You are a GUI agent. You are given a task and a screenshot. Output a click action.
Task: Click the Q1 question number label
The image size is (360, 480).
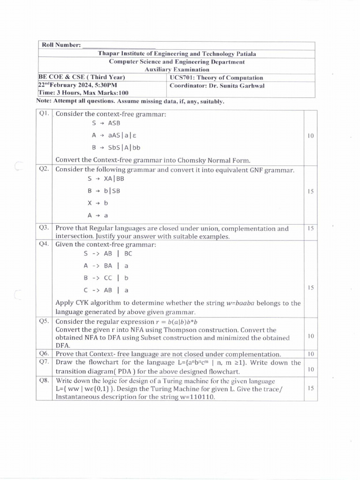44,113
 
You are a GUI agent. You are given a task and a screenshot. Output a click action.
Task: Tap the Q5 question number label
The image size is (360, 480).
44,322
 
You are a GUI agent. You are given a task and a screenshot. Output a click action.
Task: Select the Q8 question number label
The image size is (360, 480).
44,381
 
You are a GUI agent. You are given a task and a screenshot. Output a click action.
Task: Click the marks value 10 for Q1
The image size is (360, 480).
310,136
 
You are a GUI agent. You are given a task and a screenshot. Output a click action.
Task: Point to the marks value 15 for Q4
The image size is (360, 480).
310,287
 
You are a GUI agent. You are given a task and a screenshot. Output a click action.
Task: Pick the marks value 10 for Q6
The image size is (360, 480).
310,354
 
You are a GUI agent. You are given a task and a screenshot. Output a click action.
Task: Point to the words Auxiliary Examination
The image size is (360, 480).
177,69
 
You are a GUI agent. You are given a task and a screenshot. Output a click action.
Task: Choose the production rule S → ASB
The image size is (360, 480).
106,123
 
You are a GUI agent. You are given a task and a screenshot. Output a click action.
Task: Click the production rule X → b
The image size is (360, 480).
97,203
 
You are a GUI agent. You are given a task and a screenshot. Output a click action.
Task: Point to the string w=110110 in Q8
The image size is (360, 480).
195,397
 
